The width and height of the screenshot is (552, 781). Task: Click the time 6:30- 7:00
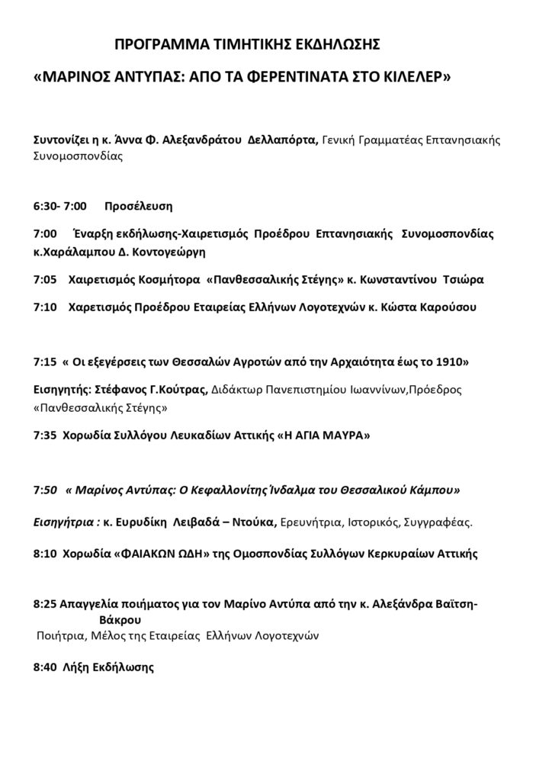[x=60, y=206]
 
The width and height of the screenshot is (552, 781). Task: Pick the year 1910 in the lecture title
[x=450, y=359]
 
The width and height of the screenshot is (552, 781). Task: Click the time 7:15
[x=46, y=359]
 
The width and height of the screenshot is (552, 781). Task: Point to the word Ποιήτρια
[x=62, y=634]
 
